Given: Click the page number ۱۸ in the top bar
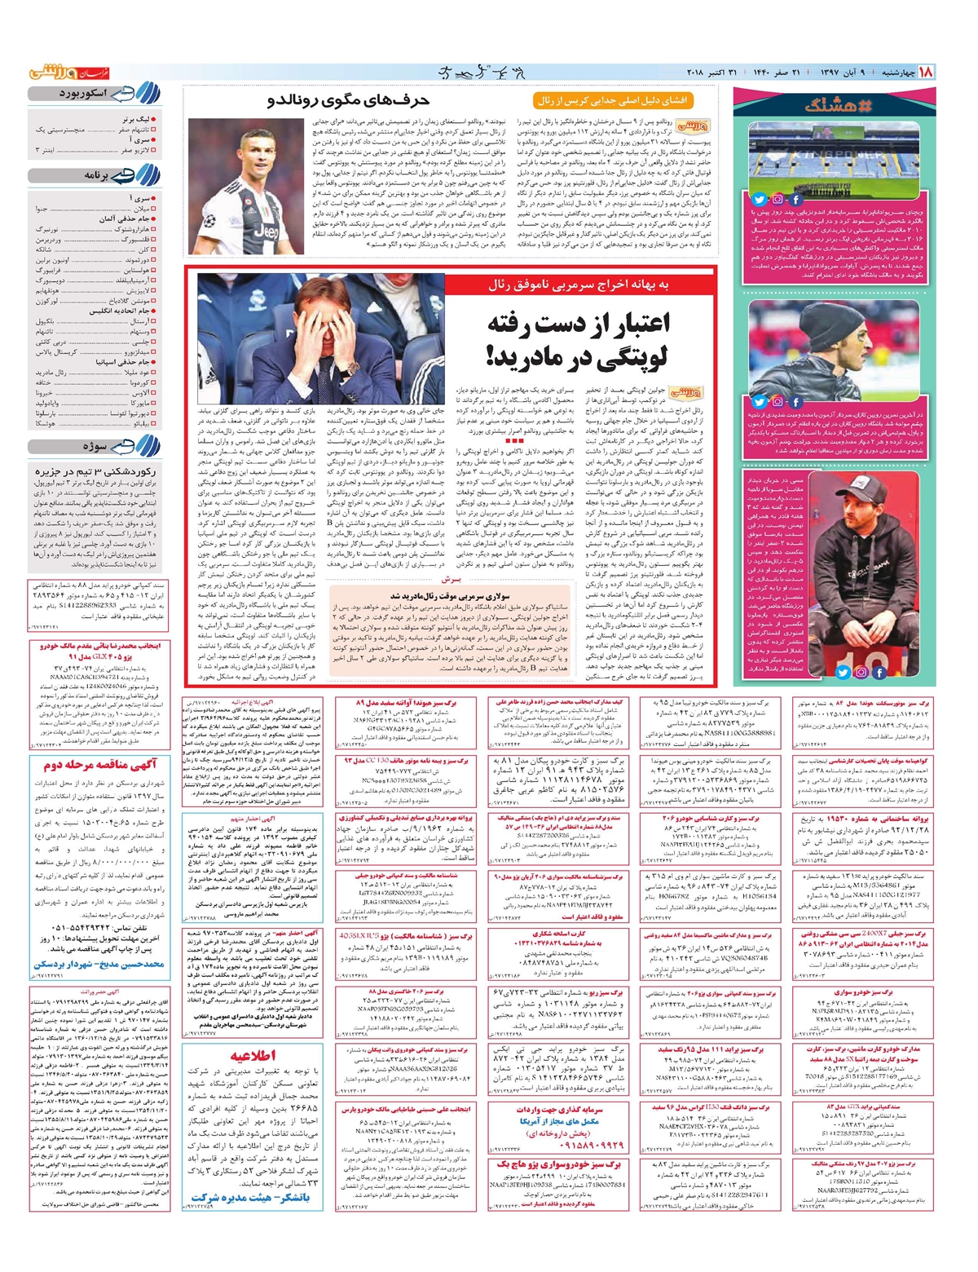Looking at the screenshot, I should (x=926, y=73).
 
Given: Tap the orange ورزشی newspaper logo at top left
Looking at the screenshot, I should (x=58, y=73).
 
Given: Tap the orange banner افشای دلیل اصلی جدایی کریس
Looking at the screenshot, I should (x=614, y=101).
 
